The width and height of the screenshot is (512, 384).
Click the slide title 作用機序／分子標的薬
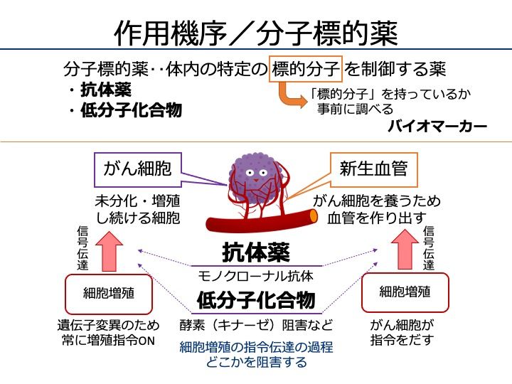(x=256, y=31)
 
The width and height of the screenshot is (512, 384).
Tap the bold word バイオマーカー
(x=437, y=127)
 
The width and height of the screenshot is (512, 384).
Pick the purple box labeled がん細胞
(x=137, y=169)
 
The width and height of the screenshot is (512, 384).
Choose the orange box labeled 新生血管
(x=373, y=169)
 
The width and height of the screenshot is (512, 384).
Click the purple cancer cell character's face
(x=254, y=174)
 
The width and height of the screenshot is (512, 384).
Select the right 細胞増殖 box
(x=405, y=292)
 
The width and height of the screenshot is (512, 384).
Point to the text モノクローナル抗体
(x=255, y=275)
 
